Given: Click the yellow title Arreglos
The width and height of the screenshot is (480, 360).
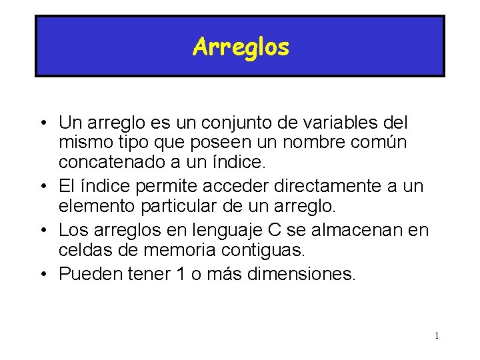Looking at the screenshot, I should tap(241, 47).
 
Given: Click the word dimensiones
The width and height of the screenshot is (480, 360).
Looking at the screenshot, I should tap(293, 273).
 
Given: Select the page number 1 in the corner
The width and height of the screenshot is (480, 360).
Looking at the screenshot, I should tap(437, 335).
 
